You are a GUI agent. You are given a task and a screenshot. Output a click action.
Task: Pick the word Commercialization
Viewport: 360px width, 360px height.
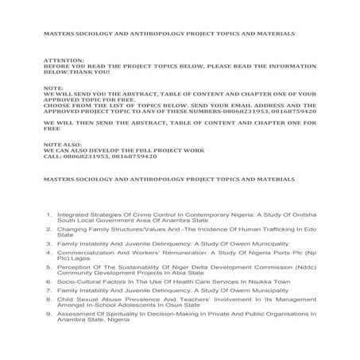click(x=90, y=253)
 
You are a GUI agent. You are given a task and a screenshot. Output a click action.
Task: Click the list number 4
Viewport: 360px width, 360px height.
click(x=49, y=253)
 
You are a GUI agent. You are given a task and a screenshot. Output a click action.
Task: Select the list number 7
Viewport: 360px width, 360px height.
click(x=49, y=293)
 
